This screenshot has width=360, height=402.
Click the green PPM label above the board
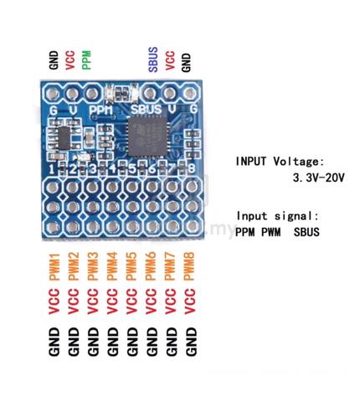pos(87,59)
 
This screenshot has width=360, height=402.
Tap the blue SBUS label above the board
pos(153,59)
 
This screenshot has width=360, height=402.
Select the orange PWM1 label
pos(54,266)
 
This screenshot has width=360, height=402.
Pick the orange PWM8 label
pos(189,266)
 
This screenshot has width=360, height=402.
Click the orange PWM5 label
pos(131,266)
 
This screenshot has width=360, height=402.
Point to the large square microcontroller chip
pos(147,136)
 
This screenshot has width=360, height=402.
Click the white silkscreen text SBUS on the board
pos(147,109)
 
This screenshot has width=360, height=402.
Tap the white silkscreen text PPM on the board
pos(101,111)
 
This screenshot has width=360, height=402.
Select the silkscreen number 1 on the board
pos(52,169)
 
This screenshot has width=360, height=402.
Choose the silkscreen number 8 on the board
pos(192,168)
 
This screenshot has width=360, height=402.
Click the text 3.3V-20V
pos(318,178)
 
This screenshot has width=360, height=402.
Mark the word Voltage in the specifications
pos(299,162)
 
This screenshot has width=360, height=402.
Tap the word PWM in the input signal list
pos(271,232)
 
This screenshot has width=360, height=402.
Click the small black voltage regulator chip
pos(64,137)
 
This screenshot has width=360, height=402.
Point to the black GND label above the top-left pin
pos(54,59)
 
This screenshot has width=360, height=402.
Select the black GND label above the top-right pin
pos(186,63)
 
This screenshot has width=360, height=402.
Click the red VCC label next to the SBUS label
pos(170,60)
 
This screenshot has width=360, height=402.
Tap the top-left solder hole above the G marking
pos(53,94)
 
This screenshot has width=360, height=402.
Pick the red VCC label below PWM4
pos(112,301)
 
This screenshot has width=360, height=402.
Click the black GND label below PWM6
pos(152,342)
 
